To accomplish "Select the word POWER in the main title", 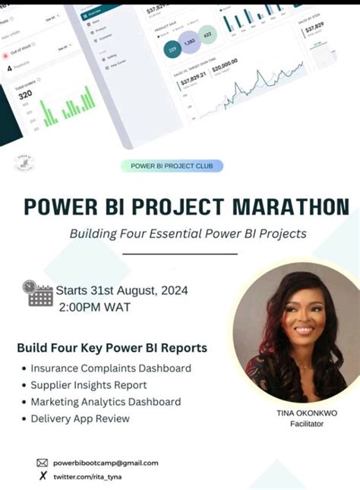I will tap(62, 206).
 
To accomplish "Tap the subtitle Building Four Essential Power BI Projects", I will tap(188, 233).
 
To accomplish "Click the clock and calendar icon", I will tap(38, 292).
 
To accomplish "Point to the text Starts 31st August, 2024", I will tap(123, 290).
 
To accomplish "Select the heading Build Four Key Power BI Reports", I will tap(112, 348).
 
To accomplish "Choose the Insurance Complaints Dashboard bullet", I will tap(111, 368).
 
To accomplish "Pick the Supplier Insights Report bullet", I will tap(89, 385).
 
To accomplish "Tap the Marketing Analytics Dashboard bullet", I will tap(106, 402).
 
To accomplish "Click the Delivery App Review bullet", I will tap(80, 419).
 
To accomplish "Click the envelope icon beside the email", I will tap(43, 463).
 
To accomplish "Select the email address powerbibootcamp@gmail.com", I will tap(106, 463).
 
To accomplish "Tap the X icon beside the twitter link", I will tap(43, 476).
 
